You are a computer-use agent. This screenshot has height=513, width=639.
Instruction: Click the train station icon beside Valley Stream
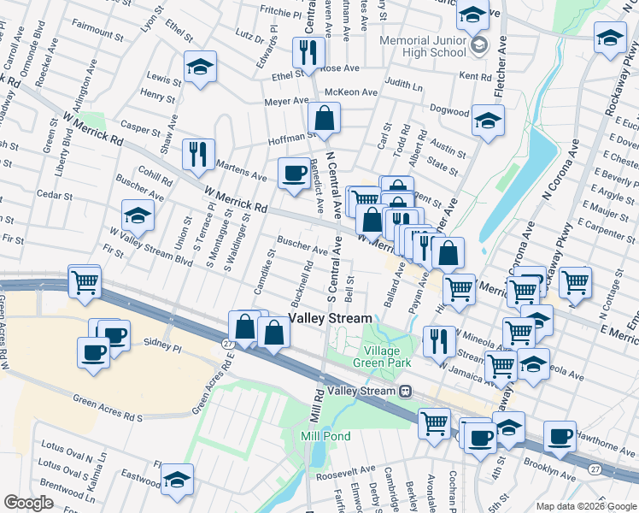(405, 391)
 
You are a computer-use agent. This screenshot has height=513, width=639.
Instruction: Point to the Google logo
(28, 503)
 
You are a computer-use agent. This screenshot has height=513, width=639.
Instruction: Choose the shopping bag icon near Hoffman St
(325, 119)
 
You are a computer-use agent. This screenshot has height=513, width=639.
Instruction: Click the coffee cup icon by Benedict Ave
(295, 173)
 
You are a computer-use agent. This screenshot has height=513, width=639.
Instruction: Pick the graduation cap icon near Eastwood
(177, 479)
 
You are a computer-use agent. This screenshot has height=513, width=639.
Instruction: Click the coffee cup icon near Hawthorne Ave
(560, 437)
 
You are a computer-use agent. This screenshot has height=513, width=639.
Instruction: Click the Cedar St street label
(55, 195)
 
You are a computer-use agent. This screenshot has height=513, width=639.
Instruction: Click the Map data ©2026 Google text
(584, 505)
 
